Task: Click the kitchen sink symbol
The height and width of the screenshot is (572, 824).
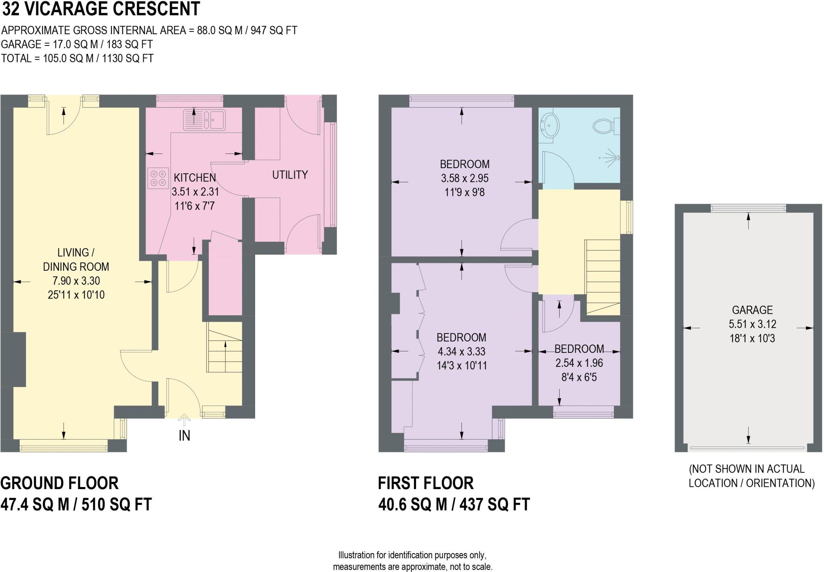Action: [x=204, y=119]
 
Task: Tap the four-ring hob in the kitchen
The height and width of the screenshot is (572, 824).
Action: [x=157, y=178]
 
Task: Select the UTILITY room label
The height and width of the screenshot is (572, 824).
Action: [x=290, y=175]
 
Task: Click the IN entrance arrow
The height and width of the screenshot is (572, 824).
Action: [x=184, y=421]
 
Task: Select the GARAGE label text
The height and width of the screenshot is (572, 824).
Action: [x=752, y=310]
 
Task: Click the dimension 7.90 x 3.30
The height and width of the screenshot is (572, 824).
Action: [x=76, y=281]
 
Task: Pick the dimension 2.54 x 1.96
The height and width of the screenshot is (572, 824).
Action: [x=579, y=363]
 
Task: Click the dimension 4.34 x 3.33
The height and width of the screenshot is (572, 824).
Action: [x=461, y=351]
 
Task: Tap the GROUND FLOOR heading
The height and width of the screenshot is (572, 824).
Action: [x=60, y=483]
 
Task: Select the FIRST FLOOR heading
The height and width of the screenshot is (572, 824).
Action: [x=426, y=483]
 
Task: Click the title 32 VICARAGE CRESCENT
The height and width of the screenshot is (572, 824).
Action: [x=101, y=9]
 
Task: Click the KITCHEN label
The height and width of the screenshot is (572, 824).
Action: [x=195, y=177]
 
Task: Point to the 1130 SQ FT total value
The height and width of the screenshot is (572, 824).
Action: [x=128, y=58]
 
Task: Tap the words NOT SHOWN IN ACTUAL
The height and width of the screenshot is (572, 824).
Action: [x=746, y=469]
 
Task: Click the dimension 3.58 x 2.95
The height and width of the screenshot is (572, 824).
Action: [x=464, y=178]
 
